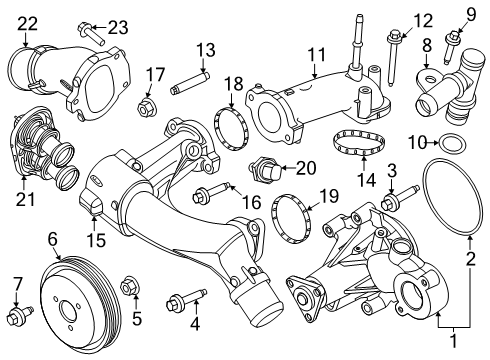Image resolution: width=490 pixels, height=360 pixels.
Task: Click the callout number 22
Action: tap(28, 22)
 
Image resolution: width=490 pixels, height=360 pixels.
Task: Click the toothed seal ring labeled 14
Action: tap(354, 143)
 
